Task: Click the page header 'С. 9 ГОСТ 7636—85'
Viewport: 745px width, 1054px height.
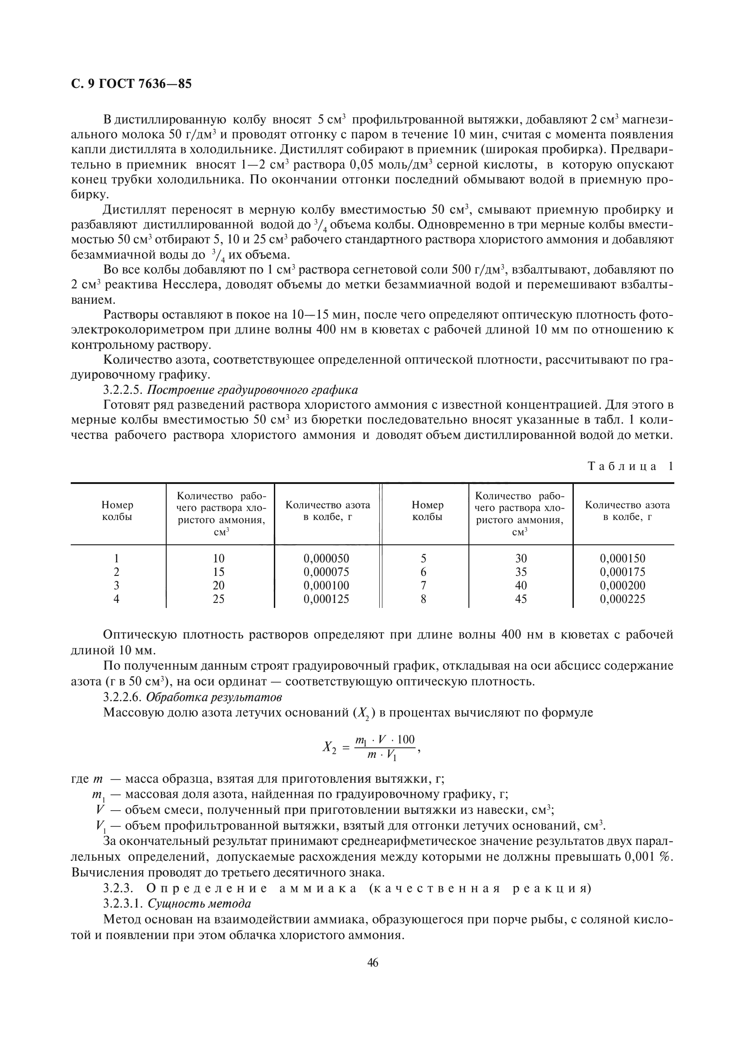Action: [131, 84]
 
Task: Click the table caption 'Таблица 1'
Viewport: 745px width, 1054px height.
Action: [630, 466]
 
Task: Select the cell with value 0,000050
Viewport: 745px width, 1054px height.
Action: [326, 558]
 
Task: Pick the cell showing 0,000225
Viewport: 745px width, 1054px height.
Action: [622, 598]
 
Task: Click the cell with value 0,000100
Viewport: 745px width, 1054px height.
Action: [326, 585]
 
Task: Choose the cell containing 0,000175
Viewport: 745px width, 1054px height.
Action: [622, 572]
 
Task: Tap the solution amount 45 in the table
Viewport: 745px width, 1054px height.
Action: [521, 598]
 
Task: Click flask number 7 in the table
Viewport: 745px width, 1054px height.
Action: [423, 585]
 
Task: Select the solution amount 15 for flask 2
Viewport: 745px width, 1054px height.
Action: [219, 572]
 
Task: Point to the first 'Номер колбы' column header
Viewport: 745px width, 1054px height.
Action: [118, 511]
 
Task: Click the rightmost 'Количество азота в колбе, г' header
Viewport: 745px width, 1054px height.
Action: [627, 511]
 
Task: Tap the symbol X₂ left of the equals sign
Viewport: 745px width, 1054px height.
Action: [329, 747]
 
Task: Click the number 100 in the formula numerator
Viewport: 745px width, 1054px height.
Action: [405, 739]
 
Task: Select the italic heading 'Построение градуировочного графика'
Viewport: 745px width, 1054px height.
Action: [252, 390]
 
